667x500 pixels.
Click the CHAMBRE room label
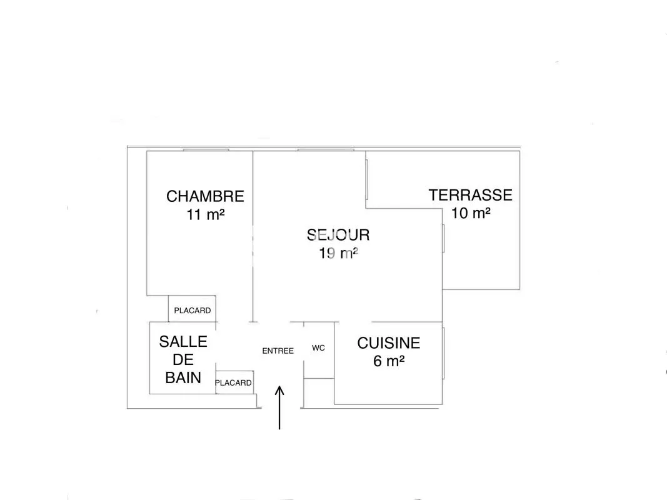(x=205, y=196)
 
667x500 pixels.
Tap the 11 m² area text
(x=206, y=214)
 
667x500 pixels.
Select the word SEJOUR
(x=338, y=235)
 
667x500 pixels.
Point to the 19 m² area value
(x=338, y=253)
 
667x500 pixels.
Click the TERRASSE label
(x=471, y=195)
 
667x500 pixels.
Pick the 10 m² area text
(x=471, y=213)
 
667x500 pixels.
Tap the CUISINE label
(x=388, y=343)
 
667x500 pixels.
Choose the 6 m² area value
(x=388, y=361)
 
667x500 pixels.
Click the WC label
(x=318, y=347)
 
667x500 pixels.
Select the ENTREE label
(x=278, y=351)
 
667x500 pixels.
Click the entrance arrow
(x=279, y=407)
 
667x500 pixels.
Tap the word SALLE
(x=183, y=342)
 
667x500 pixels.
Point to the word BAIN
(x=183, y=377)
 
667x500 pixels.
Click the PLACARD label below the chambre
(x=193, y=311)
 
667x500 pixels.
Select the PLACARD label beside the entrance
(x=233, y=382)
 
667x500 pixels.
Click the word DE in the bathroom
(x=183, y=360)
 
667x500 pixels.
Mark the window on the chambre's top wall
(x=206, y=149)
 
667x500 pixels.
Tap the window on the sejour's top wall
(x=326, y=149)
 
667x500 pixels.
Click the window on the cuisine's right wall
(x=443, y=353)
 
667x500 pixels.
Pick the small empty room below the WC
(x=319, y=392)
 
